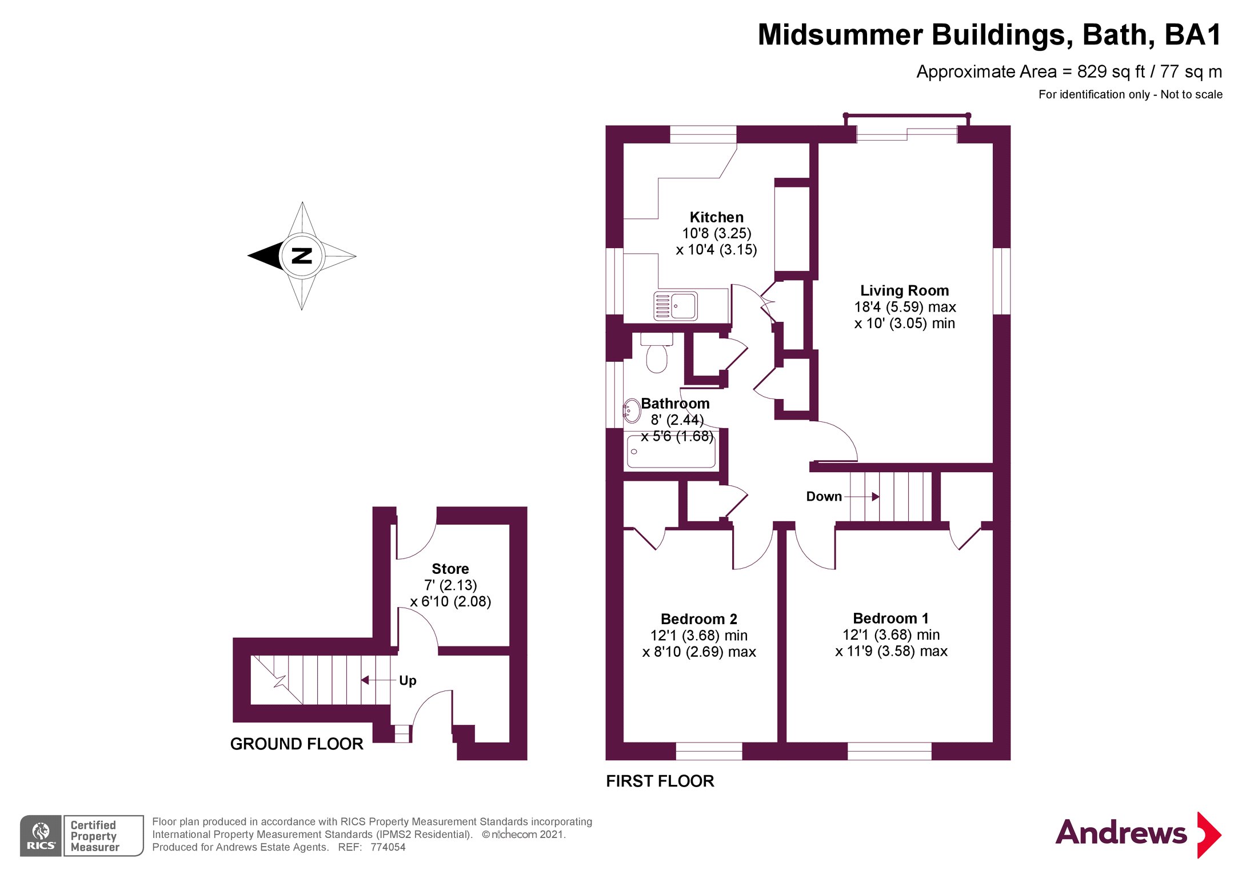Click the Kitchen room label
pos(716,218)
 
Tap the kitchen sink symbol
pos(676,306)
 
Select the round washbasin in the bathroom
pos(631,410)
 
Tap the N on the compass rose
pos(302,256)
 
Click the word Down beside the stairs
pos(824,497)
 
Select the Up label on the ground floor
pos(408,681)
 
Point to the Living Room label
pos(904,291)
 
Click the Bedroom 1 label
pos(890,618)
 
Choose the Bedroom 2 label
pos(698,619)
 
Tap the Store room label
pos(450,569)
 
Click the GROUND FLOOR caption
pos(297,744)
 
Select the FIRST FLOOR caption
pos(660,781)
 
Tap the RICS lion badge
pos(41,836)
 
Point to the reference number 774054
pos(388,848)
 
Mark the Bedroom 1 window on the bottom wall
pos(889,751)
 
